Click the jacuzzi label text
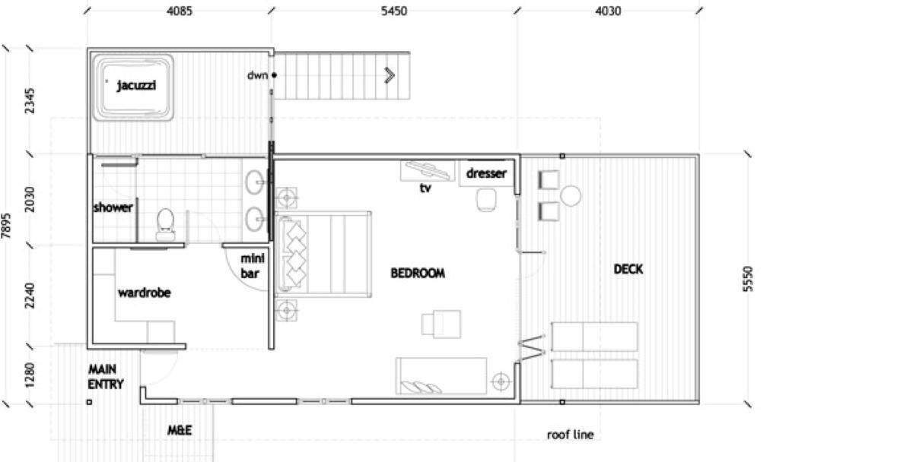tap(136, 86)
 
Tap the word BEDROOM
tap(417, 274)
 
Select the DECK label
tap(628, 269)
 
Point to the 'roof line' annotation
tap(570, 435)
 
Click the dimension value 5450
tap(393, 11)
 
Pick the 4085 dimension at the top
tap(179, 11)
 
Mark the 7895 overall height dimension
tap(7, 226)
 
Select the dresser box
tap(486, 174)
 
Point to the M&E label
tap(180, 431)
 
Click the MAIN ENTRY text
tap(106, 377)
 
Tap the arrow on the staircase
tap(390, 74)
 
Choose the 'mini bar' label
tap(251, 265)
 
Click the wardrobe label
tap(144, 293)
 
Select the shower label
tap(113, 207)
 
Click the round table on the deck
tap(571, 196)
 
